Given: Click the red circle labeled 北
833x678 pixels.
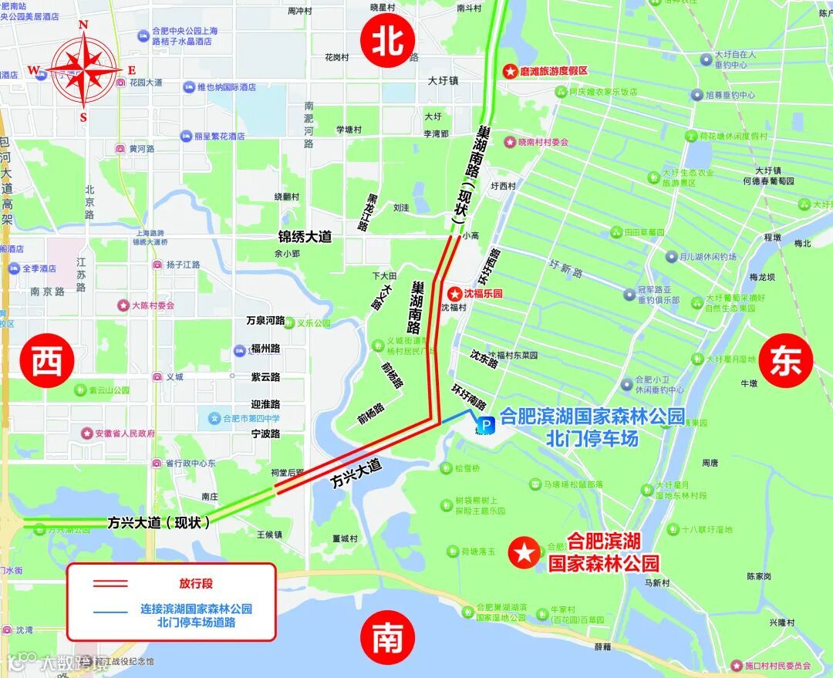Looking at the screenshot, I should click(389, 42).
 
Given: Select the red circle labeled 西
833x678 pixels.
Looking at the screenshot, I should click(47, 359).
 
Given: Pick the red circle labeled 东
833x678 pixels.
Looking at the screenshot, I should click(786, 362).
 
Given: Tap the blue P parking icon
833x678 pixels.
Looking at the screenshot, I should click(486, 424).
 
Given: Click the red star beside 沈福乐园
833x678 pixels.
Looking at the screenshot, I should click(454, 294).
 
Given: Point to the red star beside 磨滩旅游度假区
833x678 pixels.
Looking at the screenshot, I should click(510, 71).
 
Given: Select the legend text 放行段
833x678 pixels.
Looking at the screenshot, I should click(196, 584).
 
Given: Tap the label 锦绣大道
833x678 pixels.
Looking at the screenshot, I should click(305, 237).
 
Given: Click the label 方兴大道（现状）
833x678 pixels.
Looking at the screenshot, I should click(159, 522).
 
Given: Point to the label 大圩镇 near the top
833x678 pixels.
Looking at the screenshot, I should click(443, 80).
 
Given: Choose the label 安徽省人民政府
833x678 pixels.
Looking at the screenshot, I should click(125, 433).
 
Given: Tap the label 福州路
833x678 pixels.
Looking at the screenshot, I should click(265, 349).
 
